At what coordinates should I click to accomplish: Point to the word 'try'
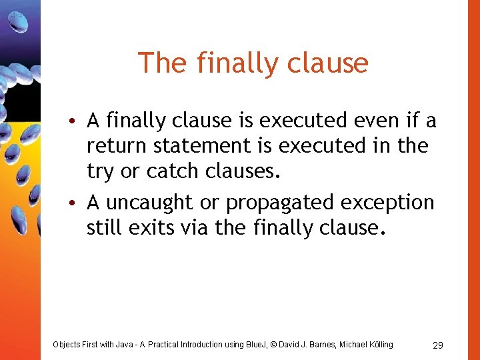pos(100,172)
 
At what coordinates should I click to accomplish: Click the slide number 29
pos(438,345)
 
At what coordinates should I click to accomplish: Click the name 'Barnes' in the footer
pos(321,345)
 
